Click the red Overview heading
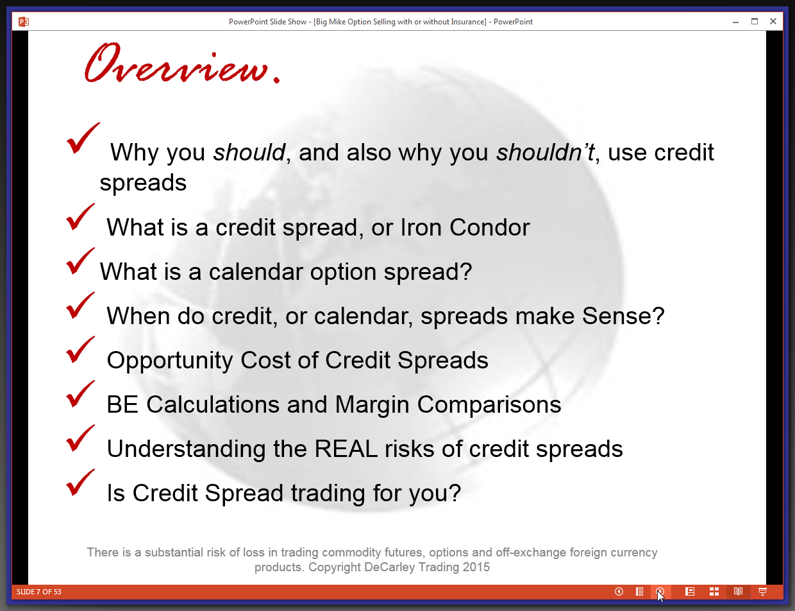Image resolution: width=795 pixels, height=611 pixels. (182, 63)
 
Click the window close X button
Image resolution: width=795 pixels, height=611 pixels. (773, 21)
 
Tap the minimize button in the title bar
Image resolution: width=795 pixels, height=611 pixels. (736, 22)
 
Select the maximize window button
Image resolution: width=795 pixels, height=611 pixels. (755, 21)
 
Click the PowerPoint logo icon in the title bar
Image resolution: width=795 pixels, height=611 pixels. (24, 22)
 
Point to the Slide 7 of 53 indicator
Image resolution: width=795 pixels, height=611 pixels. (38, 592)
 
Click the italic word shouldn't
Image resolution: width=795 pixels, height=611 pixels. (545, 152)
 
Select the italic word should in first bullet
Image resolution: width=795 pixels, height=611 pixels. (249, 152)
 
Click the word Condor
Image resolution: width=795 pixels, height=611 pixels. (490, 227)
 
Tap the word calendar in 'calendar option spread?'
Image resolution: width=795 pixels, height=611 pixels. (256, 271)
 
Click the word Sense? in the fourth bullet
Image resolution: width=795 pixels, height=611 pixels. (623, 316)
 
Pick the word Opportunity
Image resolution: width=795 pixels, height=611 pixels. (170, 361)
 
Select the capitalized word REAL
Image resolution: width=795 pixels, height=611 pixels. (346, 449)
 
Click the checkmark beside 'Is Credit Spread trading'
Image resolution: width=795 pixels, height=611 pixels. (81, 483)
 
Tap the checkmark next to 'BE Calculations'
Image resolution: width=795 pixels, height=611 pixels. (81, 394)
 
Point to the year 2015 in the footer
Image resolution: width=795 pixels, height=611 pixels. (476, 567)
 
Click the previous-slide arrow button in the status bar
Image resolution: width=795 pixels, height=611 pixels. (619, 592)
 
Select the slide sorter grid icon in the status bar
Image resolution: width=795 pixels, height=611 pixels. (714, 592)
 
